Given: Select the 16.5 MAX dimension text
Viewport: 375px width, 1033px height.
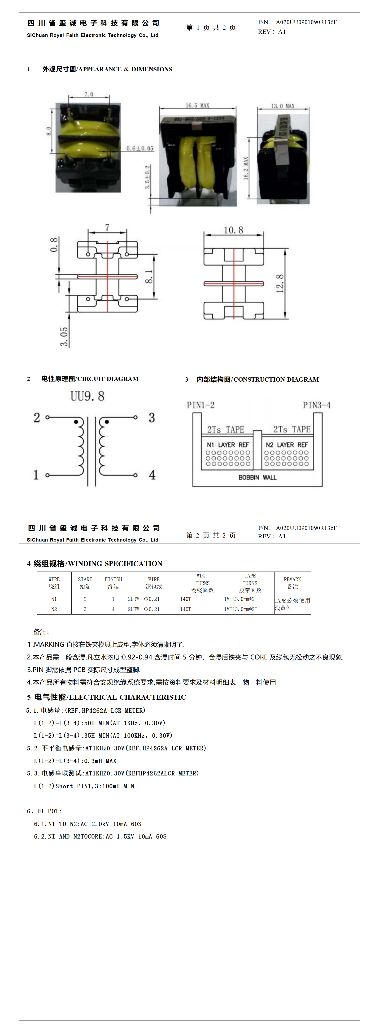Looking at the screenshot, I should point(197,105).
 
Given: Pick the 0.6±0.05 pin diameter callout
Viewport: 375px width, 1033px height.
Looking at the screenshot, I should point(140,148).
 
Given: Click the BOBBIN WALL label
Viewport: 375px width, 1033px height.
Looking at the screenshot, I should point(257,477).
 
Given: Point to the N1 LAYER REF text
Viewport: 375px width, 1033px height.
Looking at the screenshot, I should point(228,445).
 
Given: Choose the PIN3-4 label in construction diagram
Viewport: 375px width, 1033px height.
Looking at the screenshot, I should point(316,405).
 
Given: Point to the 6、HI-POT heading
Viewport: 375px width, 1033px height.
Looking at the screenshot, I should point(44,811).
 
